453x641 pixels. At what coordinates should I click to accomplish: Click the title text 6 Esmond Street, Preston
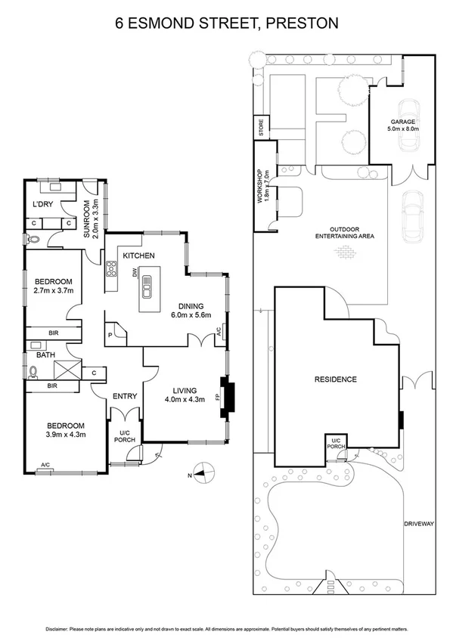226,23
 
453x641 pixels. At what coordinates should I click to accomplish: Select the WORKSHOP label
259,188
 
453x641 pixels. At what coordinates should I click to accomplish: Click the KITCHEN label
139,255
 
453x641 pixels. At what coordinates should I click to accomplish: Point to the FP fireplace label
219,395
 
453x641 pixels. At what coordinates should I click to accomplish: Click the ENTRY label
124,396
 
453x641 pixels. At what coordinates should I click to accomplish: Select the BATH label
45,354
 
